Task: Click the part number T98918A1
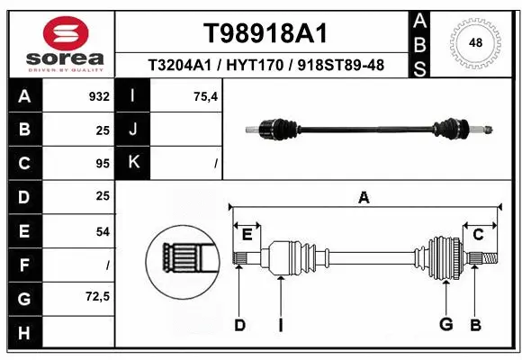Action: click(264, 33)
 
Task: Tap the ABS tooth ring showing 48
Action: click(474, 41)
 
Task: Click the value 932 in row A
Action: click(99, 96)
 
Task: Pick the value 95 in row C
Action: click(102, 164)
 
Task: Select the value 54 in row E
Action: click(102, 231)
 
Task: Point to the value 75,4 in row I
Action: click(206, 96)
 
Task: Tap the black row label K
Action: click(133, 164)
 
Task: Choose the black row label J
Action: click(133, 130)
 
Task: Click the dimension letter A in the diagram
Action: click(364, 198)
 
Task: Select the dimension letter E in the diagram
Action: click(247, 234)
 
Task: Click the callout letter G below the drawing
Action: click(445, 325)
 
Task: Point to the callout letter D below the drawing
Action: click(239, 325)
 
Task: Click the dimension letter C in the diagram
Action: click(479, 234)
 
